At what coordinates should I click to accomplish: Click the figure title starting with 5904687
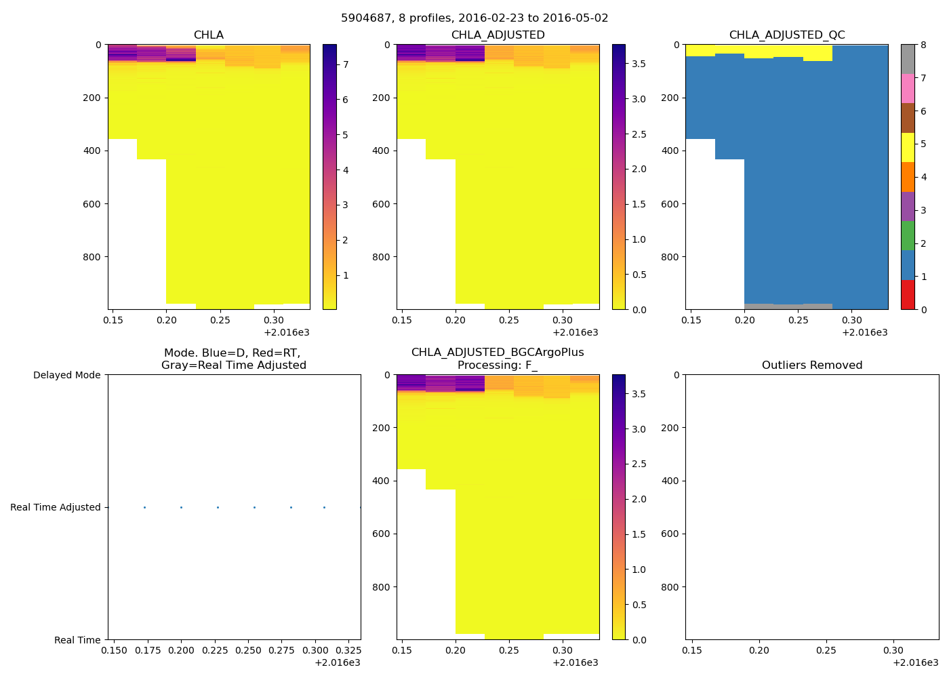pyautogui.click(x=474, y=18)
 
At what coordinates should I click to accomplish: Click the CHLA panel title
pyautogui.click(x=208, y=35)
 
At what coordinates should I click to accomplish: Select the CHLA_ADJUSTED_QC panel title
pyautogui.click(x=786, y=35)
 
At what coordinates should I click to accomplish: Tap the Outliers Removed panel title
pyautogui.click(x=811, y=365)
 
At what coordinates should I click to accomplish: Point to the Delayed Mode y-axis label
pyautogui.click(x=66, y=375)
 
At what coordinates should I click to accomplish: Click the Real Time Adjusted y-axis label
pyautogui.click(x=56, y=507)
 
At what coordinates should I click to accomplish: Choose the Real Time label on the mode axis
pyautogui.click(x=77, y=640)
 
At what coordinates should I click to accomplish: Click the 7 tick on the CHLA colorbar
pyautogui.click(x=346, y=64)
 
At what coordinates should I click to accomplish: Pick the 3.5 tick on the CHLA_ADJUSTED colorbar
pyautogui.click(x=639, y=64)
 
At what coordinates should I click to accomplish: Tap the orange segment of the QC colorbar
pyautogui.click(x=908, y=177)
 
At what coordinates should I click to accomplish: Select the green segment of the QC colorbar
pyautogui.click(x=908, y=236)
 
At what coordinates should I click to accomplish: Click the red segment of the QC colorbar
pyautogui.click(x=908, y=295)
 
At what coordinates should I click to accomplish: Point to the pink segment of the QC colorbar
pyautogui.click(x=908, y=88)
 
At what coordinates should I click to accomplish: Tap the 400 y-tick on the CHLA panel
pyautogui.click(x=93, y=151)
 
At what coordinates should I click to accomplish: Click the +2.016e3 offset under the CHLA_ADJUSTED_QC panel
pyautogui.click(x=864, y=333)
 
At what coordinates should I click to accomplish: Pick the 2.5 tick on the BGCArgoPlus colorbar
pyautogui.click(x=639, y=464)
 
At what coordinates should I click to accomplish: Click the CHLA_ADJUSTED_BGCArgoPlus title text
pyautogui.click(x=498, y=353)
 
